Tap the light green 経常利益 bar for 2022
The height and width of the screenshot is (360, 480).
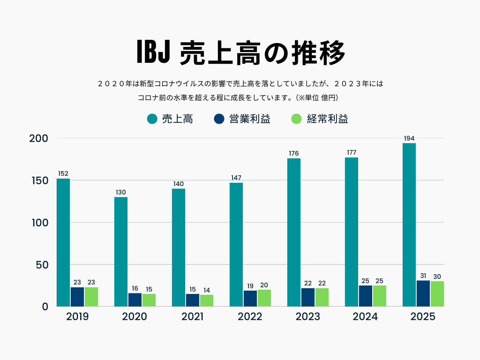pyautogui.click(x=264, y=298)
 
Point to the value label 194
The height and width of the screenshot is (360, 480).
pyautogui.click(x=409, y=138)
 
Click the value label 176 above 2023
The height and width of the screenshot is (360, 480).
pyautogui.click(x=294, y=153)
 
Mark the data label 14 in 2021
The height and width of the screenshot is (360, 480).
pyautogui.click(x=207, y=290)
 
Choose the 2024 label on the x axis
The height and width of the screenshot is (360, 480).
pyautogui.click(x=365, y=317)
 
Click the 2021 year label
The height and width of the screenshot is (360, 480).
pyautogui.click(x=192, y=317)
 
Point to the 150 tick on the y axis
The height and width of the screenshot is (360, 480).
pyautogui.click(x=39, y=180)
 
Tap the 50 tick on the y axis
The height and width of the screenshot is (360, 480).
pyautogui.click(x=42, y=265)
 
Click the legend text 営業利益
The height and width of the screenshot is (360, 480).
pyautogui.click(x=249, y=119)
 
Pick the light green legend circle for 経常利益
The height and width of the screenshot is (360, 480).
pyautogui.click(x=296, y=119)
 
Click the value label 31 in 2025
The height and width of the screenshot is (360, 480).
pyautogui.click(x=423, y=276)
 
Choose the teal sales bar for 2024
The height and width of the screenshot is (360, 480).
pyautogui.click(x=352, y=232)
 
